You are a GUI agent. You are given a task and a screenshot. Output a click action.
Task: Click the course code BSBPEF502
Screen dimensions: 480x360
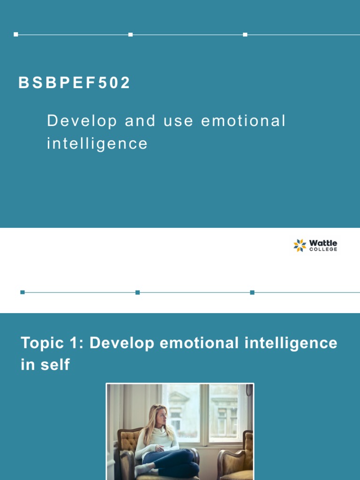[x=75, y=83]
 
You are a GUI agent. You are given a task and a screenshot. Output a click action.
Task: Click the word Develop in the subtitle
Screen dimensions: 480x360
[x=82, y=121]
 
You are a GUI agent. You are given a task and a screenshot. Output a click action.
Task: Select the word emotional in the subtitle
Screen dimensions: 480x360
[x=243, y=121]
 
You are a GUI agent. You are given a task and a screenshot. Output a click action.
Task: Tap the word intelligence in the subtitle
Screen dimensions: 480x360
[x=97, y=143]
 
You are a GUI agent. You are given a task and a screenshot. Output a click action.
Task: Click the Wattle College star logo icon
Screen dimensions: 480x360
[x=300, y=245]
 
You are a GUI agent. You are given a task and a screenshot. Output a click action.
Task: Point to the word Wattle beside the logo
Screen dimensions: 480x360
[x=323, y=243]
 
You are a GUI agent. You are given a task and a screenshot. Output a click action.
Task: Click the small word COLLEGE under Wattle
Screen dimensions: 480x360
[x=323, y=249]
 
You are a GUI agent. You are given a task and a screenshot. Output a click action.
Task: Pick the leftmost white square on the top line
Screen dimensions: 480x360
[x=16, y=34]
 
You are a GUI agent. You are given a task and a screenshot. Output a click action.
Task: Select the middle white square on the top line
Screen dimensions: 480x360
[x=130, y=34]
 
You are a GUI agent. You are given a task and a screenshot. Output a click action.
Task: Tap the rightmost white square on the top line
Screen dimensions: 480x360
[x=245, y=34]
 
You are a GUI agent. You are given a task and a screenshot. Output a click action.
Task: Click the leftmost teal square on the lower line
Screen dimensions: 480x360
[x=22, y=292]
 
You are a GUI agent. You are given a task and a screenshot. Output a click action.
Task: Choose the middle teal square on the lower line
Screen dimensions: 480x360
[x=137, y=292]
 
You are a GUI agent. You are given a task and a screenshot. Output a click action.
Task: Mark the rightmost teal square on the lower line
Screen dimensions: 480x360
[x=252, y=292]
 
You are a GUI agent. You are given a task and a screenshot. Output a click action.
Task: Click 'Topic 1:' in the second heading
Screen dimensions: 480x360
[x=52, y=343]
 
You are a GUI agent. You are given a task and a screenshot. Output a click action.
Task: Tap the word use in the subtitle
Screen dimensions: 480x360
[x=178, y=121]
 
